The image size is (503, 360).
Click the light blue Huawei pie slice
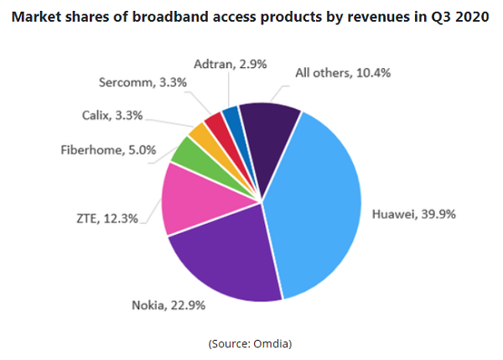click(323, 201)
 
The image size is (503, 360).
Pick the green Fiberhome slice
click(185, 151)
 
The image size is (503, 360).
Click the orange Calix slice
click(199, 133)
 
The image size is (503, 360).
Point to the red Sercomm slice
click(214, 123)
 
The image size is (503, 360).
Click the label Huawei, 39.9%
click(414, 215)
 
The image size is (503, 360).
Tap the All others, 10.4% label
click(343, 73)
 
